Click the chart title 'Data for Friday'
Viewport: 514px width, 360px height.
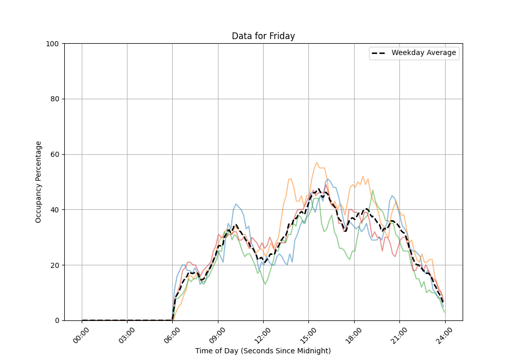coord(263,36)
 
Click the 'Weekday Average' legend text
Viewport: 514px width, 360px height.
coord(424,53)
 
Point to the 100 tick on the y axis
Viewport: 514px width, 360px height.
coord(53,44)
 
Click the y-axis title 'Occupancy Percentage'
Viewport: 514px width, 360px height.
coord(39,182)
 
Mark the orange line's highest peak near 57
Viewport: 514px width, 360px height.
coord(317,163)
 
